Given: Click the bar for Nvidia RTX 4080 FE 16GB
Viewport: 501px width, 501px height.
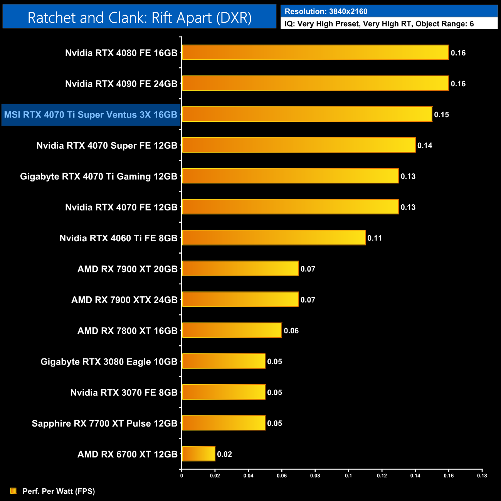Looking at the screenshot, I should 315,52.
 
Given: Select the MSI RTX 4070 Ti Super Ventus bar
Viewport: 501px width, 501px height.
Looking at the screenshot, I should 307,114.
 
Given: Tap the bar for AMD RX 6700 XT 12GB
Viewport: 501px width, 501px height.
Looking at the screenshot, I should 198,454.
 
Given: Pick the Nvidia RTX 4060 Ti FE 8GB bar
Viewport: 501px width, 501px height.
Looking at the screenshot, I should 274,237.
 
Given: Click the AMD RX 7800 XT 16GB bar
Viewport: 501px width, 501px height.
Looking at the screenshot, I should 232,330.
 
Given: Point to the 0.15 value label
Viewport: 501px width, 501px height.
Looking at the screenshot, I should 442,114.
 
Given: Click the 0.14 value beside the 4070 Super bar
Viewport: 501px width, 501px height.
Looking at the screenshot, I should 425,145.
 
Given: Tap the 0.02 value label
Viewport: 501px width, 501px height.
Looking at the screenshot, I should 224,454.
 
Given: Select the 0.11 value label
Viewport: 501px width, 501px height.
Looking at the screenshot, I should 375,238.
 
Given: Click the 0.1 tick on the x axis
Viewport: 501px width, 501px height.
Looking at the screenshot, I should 348,476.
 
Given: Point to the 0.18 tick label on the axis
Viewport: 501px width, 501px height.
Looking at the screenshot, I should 482,476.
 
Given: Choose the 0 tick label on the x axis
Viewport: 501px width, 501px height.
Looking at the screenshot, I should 182,476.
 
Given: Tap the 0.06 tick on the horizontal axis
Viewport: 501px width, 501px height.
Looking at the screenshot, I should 282,476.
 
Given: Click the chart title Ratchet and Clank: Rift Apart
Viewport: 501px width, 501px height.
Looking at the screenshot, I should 140,17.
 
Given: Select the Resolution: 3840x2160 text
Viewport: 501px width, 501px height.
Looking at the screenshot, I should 326,12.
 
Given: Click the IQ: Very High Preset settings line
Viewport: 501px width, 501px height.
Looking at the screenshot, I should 379,24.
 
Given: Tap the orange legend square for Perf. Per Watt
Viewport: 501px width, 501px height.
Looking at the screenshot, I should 13,491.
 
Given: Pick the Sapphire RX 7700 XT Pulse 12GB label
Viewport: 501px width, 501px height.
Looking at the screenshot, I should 104,423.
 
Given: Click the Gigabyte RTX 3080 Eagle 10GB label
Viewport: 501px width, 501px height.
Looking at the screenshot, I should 109,361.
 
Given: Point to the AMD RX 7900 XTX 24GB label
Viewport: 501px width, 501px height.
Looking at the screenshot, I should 124,300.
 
